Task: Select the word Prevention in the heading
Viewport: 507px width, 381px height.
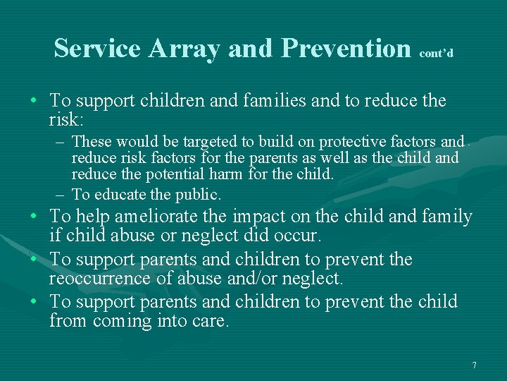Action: coord(346,48)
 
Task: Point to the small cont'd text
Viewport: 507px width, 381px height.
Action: coord(435,53)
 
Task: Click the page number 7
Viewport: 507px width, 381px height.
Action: coord(474,365)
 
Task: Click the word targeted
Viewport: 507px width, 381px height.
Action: coord(194,142)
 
